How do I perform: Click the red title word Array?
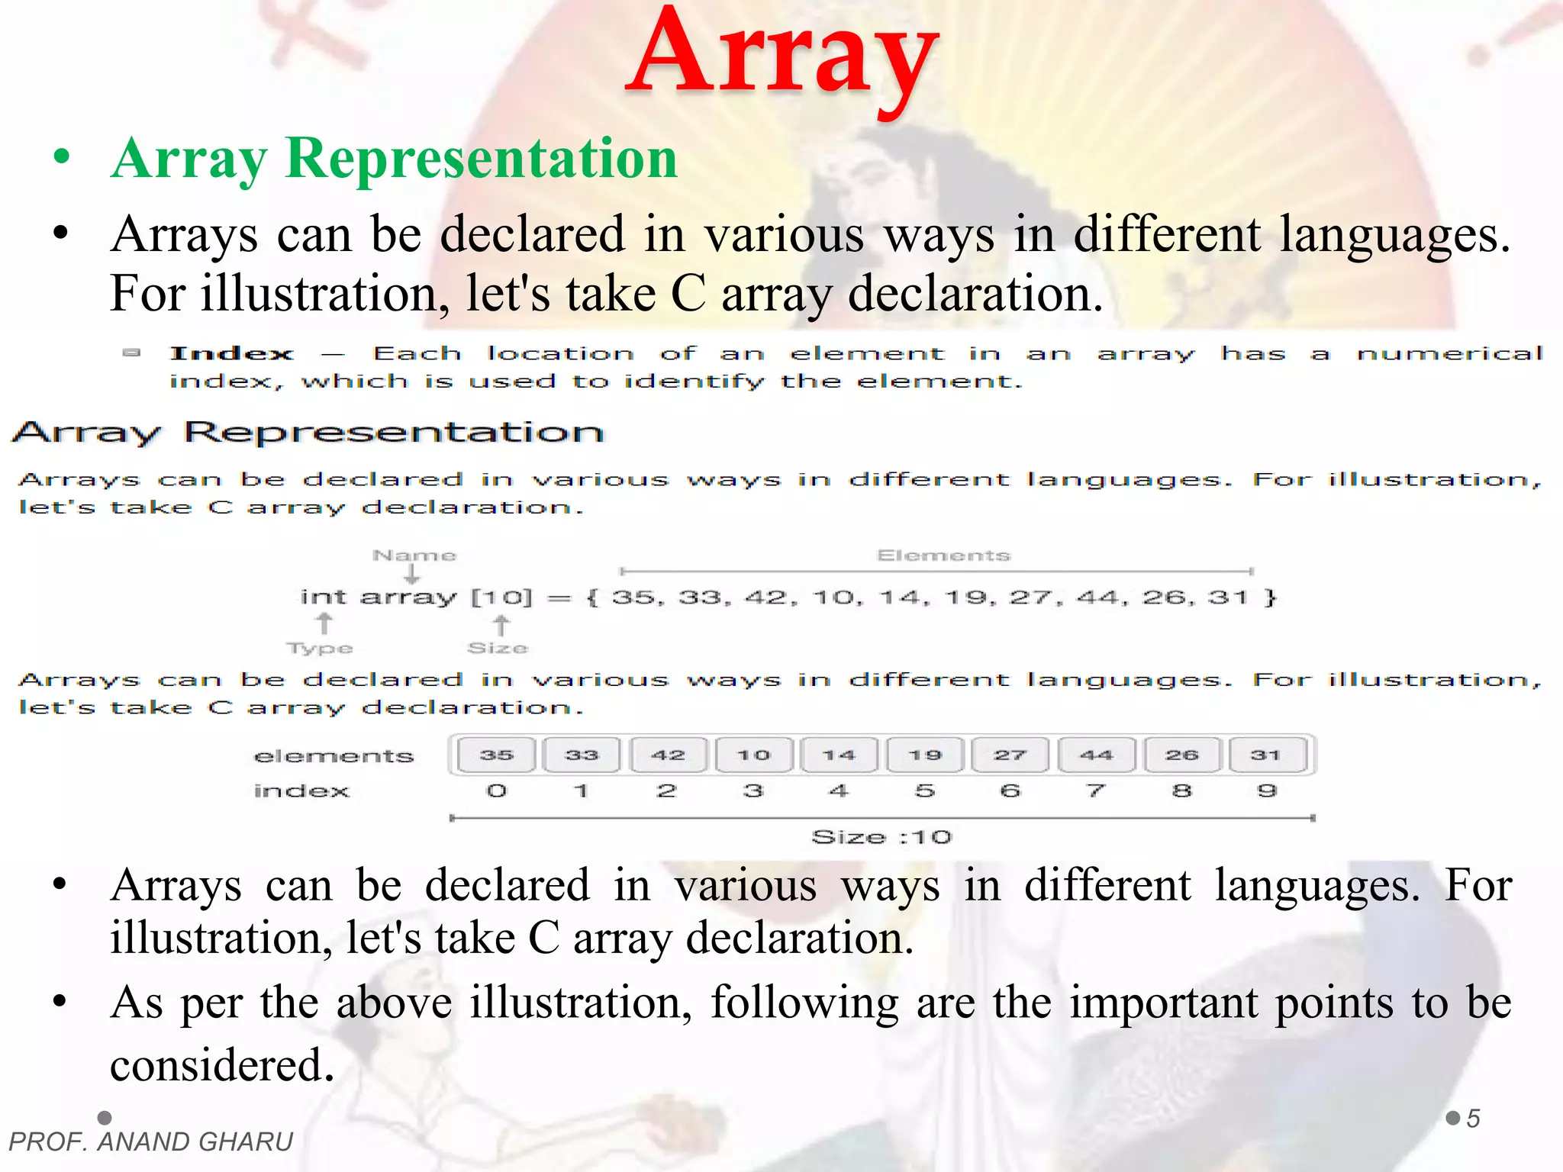[x=782, y=57]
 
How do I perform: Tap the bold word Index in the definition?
[x=231, y=353]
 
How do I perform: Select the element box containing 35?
[x=496, y=755]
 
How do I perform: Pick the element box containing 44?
[x=1096, y=755]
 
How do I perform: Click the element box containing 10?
[x=753, y=755]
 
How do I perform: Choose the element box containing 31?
[x=1266, y=755]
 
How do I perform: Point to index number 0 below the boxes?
[x=496, y=790]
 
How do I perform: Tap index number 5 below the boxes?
[x=924, y=790]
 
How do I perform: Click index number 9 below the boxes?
[x=1267, y=790]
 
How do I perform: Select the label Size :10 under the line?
[x=881, y=837]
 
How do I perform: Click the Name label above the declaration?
[x=414, y=555]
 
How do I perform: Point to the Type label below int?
[x=320, y=648]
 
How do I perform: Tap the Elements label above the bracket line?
[x=943, y=555]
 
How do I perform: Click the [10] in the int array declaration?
[x=501, y=597]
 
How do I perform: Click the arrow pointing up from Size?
[x=501, y=625]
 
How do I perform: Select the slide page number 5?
[x=1473, y=1119]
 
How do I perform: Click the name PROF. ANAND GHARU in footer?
[x=151, y=1141]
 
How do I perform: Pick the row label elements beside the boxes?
[x=334, y=756]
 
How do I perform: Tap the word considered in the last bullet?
[x=222, y=1065]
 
